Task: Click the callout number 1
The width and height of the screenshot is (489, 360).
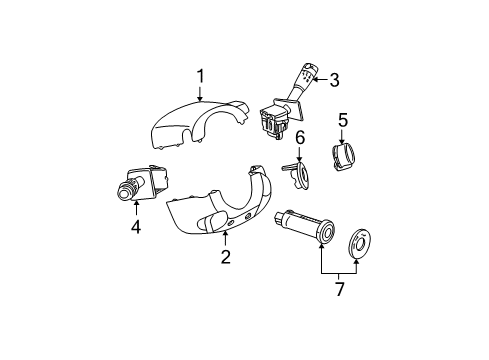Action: [201, 75]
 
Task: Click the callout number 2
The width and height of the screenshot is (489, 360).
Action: [226, 257]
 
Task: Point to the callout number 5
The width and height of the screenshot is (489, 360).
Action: [342, 121]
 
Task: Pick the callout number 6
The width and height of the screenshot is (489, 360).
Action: [299, 137]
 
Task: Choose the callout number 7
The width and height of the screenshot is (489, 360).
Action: [339, 289]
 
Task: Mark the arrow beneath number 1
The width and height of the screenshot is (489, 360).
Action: [201, 95]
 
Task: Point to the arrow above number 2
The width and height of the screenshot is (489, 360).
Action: [226, 238]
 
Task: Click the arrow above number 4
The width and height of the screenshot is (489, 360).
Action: [135, 207]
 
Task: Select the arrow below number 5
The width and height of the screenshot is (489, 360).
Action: [342, 138]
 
